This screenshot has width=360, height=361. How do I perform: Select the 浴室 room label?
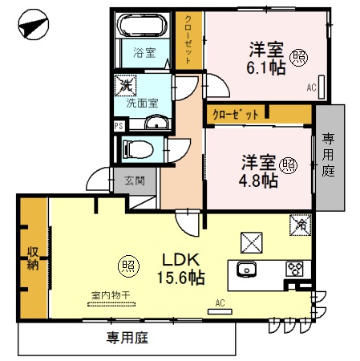pyautogui.click(x=144, y=54)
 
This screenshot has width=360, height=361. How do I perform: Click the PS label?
pyautogui.click(x=119, y=125)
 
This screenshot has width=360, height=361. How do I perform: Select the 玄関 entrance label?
pyautogui.click(x=135, y=180)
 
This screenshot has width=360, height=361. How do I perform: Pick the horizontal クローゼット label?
pyautogui.click(x=236, y=115)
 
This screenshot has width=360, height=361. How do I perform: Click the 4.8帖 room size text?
pyautogui.click(x=259, y=180)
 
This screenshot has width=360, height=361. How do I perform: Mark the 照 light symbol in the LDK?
pyautogui.click(x=127, y=262)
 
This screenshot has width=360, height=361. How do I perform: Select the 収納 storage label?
pyautogui.click(x=33, y=258)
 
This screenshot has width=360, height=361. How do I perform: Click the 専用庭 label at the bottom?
pyautogui.click(x=127, y=339)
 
